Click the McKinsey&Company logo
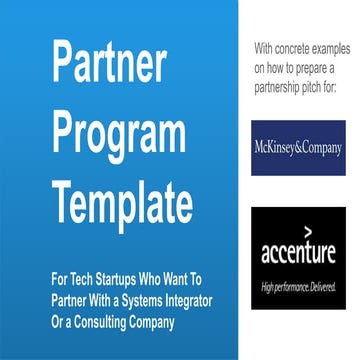(x=297, y=148)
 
